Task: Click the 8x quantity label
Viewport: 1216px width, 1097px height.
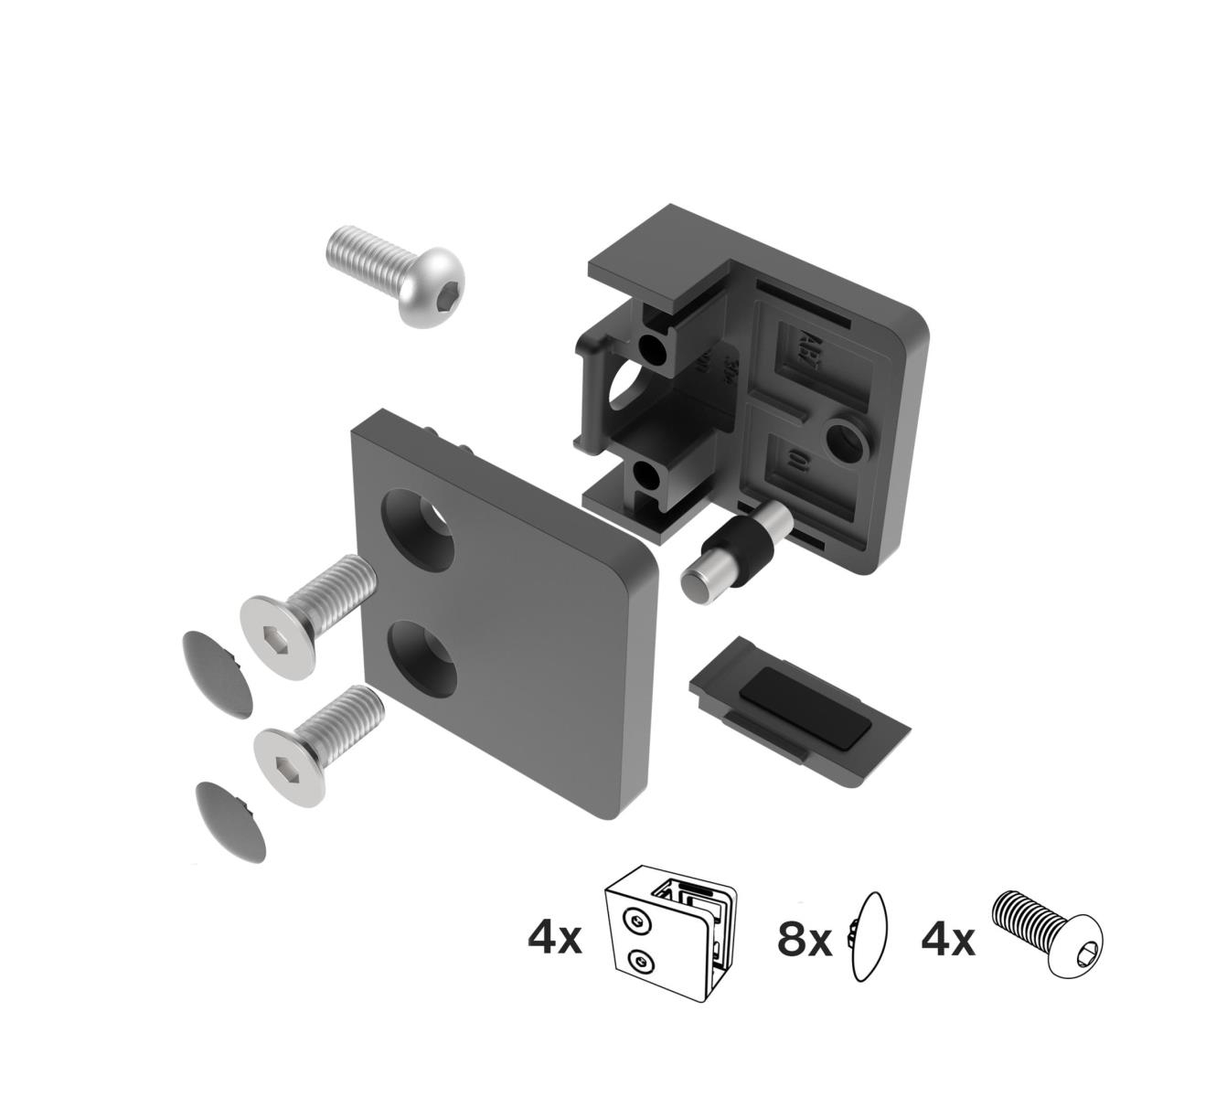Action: coord(805,939)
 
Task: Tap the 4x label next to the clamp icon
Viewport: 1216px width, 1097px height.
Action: coord(554,939)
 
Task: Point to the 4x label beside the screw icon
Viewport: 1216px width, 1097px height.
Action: coord(947,939)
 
